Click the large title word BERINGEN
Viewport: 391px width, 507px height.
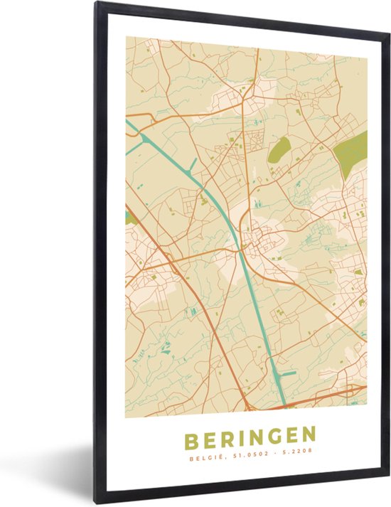[x=246, y=434]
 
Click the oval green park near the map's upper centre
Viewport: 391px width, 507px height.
[x=279, y=149]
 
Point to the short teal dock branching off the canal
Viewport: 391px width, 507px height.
[x=286, y=372]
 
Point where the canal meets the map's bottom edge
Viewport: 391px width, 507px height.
[x=280, y=408]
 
